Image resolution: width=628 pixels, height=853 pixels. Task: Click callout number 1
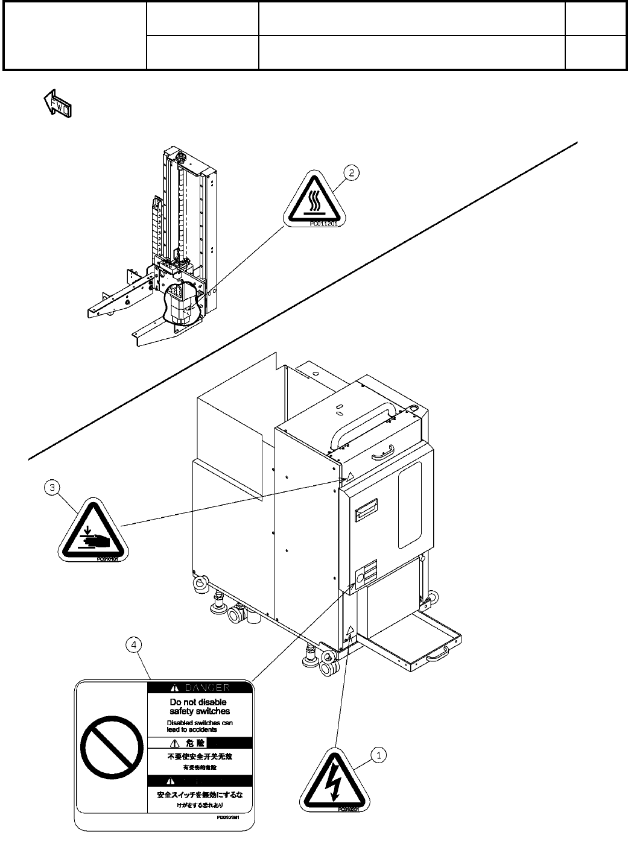coord(379,754)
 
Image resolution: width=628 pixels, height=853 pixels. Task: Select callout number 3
coord(53,487)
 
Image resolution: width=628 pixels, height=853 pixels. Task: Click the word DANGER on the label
coord(207,687)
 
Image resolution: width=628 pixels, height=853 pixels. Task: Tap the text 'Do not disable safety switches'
coord(199,707)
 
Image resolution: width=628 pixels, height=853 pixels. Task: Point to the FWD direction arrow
coord(57,104)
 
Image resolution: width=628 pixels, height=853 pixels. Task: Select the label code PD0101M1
coord(229,819)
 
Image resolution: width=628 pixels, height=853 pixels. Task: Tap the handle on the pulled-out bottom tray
coord(437,655)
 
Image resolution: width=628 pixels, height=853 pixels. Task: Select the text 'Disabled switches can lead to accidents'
coord(200,726)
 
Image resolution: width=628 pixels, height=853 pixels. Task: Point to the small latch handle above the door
coord(382,450)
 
